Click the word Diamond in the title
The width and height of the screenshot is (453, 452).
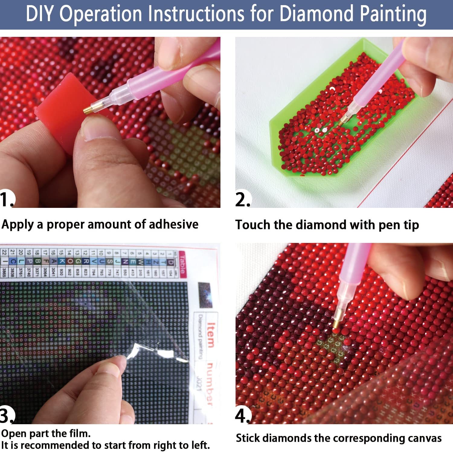point(316,14)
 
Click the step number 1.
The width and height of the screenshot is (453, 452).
point(7,199)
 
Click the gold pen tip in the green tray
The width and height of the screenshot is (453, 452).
point(342,121)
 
